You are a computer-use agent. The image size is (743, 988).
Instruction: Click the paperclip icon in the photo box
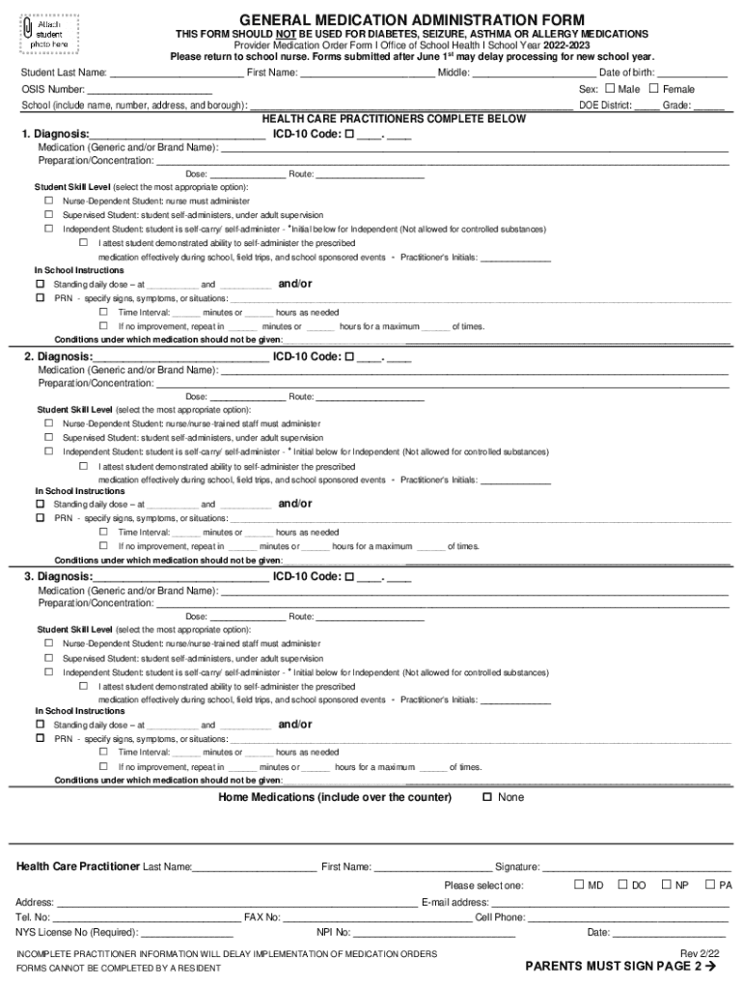pos(27,30)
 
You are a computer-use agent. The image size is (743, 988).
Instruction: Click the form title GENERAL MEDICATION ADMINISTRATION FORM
pos(411,19)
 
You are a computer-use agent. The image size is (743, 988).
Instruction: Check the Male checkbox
pos(609,89)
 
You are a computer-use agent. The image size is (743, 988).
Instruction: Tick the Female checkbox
pos(653,89)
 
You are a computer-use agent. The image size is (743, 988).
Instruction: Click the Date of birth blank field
pos(692,73)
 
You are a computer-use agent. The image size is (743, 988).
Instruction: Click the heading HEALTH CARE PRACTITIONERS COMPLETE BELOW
pos(395,119)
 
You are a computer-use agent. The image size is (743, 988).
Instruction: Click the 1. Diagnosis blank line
pos(178,135)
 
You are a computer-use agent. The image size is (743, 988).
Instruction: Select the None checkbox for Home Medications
pos(487,797)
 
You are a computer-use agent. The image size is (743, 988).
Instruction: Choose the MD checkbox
pos(579,885)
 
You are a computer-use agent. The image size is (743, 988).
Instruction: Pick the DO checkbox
pos(622,885)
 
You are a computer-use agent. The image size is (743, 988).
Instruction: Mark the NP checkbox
pos(666,885)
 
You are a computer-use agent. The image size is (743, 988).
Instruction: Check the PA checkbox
pos(710,885)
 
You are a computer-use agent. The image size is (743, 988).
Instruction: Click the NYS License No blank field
pos(187,933)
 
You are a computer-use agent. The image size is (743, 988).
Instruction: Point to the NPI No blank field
pos(434,933)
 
